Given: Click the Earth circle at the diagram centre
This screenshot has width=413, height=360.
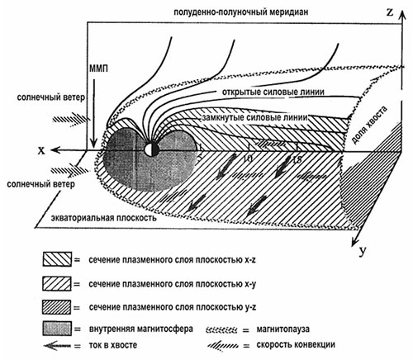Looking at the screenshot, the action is [152, 149].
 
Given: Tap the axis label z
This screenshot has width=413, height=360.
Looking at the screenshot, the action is [390, 12].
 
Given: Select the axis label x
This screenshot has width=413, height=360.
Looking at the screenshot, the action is [41, 150].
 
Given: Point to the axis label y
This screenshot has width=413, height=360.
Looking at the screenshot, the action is [363, 251].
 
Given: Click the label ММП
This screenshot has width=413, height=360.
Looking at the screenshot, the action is [98, 69].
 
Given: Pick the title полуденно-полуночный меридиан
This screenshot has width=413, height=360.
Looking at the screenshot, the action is [241, 12].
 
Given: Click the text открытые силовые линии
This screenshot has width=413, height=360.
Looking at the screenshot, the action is [273, 92].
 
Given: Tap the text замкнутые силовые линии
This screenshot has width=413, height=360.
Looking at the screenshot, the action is [254, 117].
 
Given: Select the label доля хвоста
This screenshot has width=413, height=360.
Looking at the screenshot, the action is [369, 125].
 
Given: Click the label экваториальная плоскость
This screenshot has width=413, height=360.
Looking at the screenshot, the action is [104, 218].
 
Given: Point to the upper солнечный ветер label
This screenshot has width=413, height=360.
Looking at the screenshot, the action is [51, 97].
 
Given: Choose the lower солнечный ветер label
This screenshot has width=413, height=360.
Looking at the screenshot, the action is [40, 184].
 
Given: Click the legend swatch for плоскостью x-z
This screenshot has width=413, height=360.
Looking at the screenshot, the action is [57, 258].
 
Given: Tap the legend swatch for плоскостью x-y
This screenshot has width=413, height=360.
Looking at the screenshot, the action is [57, 283].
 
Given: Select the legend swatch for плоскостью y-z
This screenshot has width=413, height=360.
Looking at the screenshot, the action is [57, 307].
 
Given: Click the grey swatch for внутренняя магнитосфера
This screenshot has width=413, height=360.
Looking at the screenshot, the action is [57, 329].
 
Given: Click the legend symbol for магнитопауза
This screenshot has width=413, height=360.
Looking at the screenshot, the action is [221, 329].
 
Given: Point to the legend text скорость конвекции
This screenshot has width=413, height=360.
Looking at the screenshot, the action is [296, 344].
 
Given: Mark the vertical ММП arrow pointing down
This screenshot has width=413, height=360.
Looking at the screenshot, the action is [94, 113].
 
